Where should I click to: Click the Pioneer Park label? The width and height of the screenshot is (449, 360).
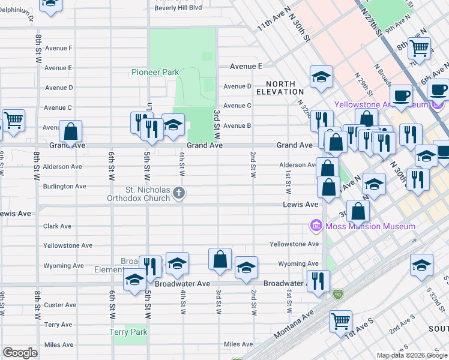point(155,72)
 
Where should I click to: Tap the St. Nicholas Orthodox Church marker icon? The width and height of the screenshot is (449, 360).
point(178,193)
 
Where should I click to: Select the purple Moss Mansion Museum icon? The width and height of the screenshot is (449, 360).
point(315,226)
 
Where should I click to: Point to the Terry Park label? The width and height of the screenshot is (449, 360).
point(128,332)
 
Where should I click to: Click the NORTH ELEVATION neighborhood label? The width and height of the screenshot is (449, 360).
point(280,88)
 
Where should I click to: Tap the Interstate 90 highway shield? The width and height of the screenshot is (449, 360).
point(339,294)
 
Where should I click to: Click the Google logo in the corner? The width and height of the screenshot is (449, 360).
point(20,353)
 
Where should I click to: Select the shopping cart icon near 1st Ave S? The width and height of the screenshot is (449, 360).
point(340,320)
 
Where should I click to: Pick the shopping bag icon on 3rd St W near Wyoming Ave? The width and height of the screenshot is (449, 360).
point(220,259)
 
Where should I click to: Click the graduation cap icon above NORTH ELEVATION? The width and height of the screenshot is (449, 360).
point(321,76)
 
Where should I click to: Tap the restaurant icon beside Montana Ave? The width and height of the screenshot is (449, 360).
point(318,280)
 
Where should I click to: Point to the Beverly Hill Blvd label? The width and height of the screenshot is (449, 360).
point(178,8)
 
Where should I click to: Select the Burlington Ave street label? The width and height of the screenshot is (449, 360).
point(64,186)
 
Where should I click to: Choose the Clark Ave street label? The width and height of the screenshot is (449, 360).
point(58,226)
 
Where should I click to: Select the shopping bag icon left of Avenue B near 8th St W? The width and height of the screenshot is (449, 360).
point(71,131)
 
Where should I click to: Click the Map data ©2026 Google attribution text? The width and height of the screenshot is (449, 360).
point(412,355)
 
